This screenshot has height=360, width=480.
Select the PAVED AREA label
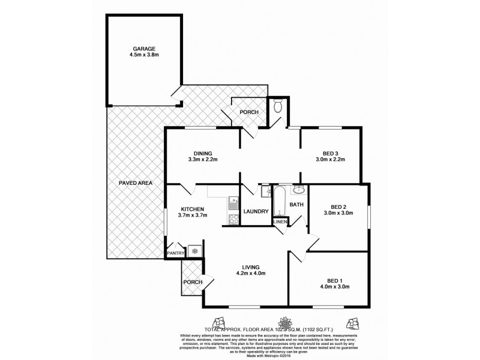click(x=136, y=182)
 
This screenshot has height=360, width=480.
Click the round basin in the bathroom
click(x=298, y=191)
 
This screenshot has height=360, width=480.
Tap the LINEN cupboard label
click(x=280, y=222)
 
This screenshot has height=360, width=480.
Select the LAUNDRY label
click(x=256, y=211)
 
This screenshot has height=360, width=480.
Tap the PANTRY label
click(x=175, y=253)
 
